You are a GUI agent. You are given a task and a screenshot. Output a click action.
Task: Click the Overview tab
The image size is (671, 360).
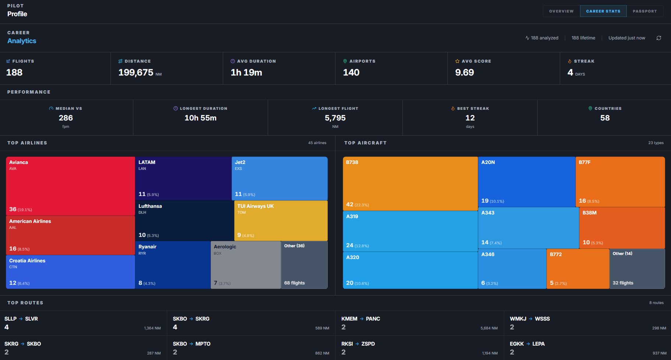[x=561, y=11]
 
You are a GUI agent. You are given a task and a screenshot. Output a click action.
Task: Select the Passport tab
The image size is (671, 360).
[x=645, y=11]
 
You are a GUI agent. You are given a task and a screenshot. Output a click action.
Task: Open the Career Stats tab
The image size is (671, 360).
[x=603, y=11]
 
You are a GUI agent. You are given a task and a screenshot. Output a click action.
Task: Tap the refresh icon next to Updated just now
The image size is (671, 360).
[x=659, y=38]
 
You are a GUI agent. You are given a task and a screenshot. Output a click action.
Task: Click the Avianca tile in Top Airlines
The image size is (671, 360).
[x=71, y=186]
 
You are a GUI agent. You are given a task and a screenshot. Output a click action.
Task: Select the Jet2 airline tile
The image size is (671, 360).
[x=280, y=178]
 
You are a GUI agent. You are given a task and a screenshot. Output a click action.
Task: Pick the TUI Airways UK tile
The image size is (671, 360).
[x=281, y=220]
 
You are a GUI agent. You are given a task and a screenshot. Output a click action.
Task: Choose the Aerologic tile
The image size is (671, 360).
[x=246, y=265]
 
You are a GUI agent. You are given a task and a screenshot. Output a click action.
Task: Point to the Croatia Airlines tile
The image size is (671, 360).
[x=71, y=272]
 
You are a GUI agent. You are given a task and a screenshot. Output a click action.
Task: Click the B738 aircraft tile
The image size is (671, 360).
[x=410, y=184]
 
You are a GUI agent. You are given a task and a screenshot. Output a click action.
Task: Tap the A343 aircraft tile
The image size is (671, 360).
[x=528, y=228]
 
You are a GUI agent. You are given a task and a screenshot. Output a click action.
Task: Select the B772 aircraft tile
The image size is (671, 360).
[x=578, y=269]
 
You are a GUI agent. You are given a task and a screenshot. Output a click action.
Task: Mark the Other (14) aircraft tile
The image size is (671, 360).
[x=637, y=269]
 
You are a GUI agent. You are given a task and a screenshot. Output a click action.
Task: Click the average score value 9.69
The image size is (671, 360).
[x=464, y=73]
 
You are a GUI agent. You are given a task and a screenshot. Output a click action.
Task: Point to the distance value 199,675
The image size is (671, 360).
[x=136, y=73]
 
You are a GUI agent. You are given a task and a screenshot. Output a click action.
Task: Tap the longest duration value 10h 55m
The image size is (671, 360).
[x=200, y=118]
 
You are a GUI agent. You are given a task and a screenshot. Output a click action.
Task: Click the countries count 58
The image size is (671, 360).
[x=605, y=118]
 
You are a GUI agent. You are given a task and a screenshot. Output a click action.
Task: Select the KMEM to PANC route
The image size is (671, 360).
[x=419, y=323]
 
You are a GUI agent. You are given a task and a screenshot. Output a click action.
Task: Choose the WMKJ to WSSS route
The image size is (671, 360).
[x=587, y=323]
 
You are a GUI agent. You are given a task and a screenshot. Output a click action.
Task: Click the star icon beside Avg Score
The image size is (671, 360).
[x=457, y=61]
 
